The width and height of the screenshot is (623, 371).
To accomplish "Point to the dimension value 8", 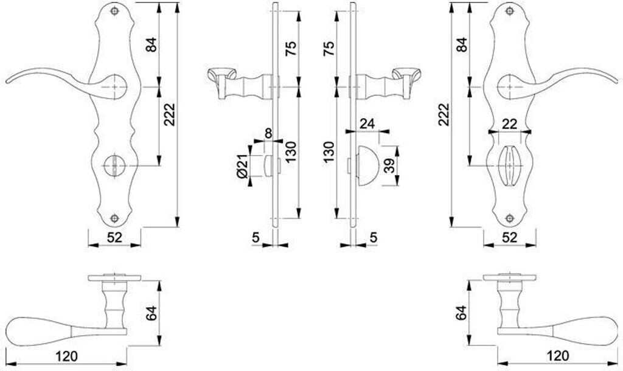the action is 268,133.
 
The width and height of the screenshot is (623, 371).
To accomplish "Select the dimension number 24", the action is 367,123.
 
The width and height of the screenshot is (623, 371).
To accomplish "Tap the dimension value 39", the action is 390,165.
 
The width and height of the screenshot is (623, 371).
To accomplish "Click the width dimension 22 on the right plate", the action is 509,124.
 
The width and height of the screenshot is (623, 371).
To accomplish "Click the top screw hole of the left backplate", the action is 115,11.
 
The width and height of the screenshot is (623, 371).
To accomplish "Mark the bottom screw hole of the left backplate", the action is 114,218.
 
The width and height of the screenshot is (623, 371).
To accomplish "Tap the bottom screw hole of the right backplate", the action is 509,218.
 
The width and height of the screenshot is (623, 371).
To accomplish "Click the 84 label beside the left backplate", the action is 151,44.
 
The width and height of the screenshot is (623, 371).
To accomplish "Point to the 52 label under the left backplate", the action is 114,238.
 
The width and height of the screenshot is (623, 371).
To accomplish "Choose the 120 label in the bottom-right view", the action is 558,356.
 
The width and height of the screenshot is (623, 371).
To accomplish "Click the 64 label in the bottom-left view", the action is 151,313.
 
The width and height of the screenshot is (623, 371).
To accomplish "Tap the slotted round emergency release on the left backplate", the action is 114,165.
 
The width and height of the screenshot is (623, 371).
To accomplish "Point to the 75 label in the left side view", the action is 291,49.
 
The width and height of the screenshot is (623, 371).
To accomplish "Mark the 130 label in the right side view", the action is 329,152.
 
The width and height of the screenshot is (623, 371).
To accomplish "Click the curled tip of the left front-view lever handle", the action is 8,82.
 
